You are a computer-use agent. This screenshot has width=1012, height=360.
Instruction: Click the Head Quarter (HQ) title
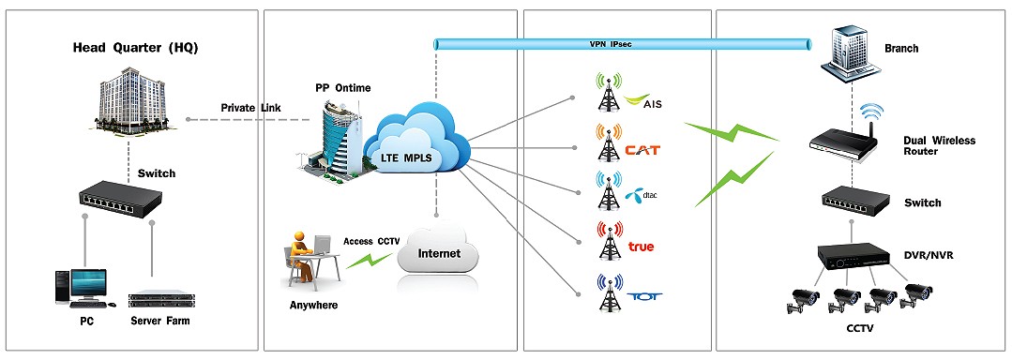pyautogui.click(x=135, y=48)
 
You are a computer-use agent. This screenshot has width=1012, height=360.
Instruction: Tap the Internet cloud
pyautogui.click(x=439, y=251)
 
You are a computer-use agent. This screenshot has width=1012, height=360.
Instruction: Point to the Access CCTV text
pyautogui.click(x=371, y=241)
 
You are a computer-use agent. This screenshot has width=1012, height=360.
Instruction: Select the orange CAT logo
pyautogui.click(x=645, y=149)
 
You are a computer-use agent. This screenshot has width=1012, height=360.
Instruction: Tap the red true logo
pyautogui.click(x=642, y=247)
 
